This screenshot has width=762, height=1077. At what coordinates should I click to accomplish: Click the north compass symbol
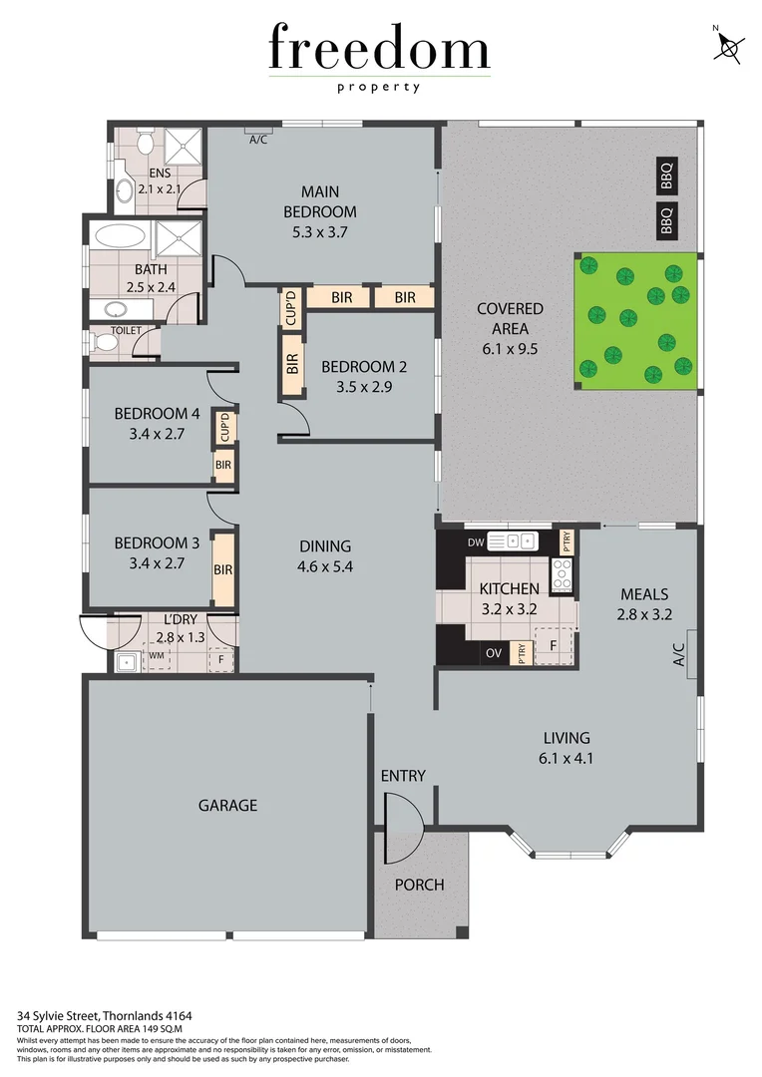click(x=731, y=46)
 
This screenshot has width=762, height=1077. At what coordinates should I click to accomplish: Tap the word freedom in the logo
click(x=379, y=50)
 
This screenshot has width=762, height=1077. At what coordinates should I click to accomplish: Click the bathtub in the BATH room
click(x=120, y=237)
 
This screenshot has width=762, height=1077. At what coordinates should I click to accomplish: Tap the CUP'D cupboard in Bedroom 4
click(x=224, y=428)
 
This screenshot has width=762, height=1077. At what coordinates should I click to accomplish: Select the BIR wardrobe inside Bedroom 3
click(x=222, y=570)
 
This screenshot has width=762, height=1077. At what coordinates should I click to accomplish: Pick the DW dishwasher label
click(x=476, y=542)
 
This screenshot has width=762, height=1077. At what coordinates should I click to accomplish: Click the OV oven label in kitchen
click(x=493, y=653)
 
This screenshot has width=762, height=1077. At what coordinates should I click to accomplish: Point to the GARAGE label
click(x=227, y=805)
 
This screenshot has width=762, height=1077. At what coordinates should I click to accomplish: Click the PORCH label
click(x=419, y=884)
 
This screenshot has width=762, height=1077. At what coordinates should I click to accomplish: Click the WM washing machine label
click(x=155, y=656)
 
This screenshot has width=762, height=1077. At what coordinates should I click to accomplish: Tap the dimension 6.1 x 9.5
click(x=509, y=348)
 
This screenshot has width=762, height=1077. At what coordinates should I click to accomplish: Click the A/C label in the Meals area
click(x=679, y=654)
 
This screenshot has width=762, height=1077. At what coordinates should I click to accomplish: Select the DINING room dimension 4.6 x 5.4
click(x=325, y=566)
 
